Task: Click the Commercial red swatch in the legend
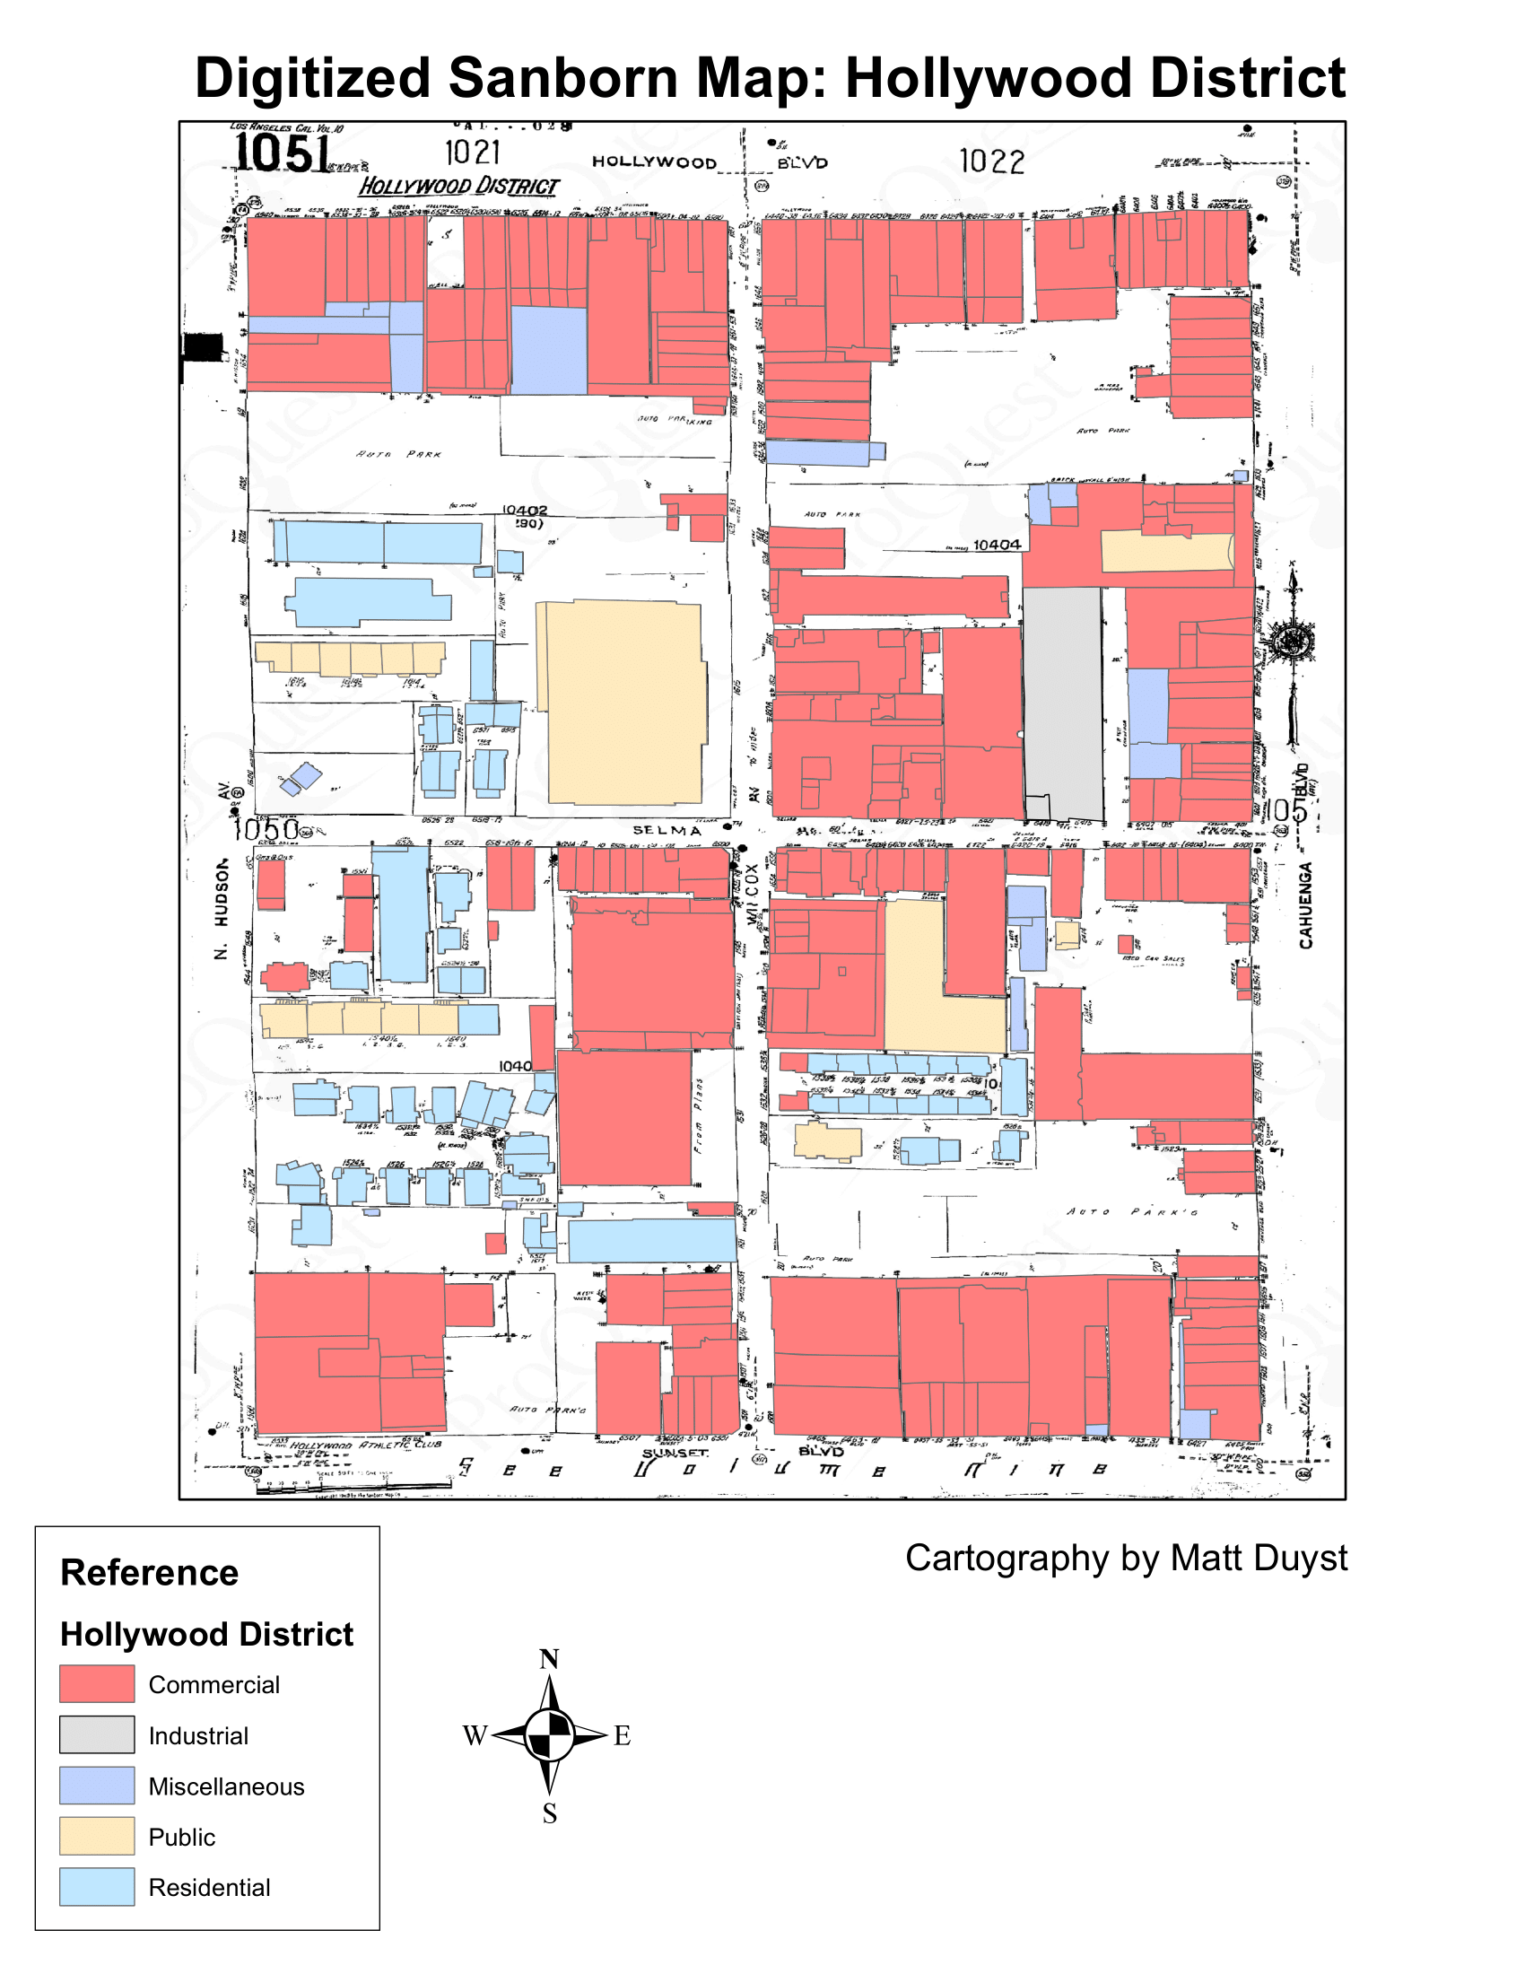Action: (97, 1683)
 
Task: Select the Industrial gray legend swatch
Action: (97, 1734)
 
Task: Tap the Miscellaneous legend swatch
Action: (97, 1785)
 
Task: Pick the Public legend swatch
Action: (97, 1836)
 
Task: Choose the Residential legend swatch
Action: (97, 1886)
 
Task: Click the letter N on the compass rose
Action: (548, 1659)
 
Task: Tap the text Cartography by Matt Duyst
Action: (1126, 1559)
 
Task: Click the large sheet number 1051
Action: (282, 153)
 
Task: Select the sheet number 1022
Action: (991, 162)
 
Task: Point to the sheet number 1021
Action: (473, 153)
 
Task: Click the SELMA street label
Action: (667, 830)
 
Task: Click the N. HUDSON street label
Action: (222, 908)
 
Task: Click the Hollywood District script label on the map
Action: (459, 187)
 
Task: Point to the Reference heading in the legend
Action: (149, 1573)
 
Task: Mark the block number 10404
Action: (997, 545)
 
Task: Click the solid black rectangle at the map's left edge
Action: (203, 347)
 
